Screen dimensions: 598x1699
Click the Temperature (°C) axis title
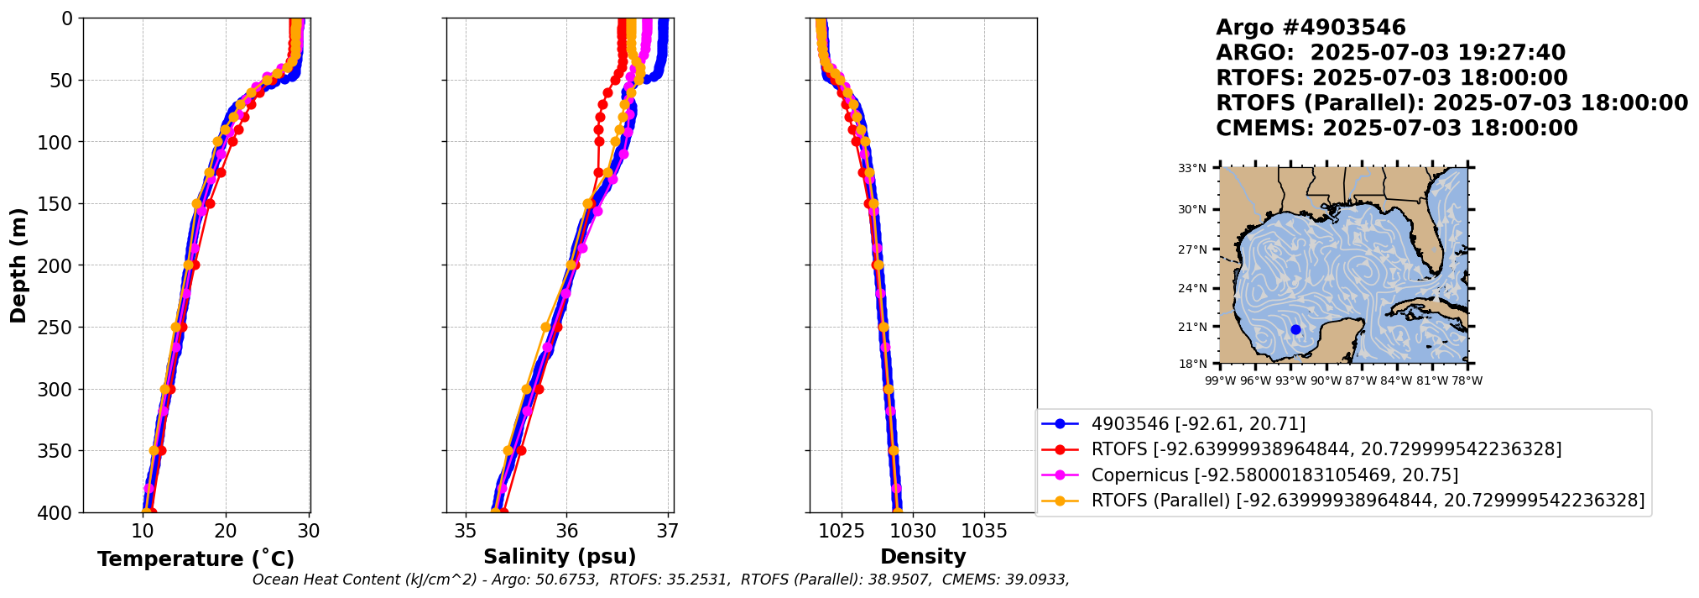click(x=195, y=559)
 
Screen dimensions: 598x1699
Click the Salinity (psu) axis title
click(x=560, y=557)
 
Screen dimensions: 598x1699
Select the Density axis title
click(x=923, y=557)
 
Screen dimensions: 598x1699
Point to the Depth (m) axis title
click(x=18, y=265)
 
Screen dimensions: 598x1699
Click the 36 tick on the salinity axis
click(x=566, y=531)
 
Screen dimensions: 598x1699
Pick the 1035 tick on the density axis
click(x=984, y=531)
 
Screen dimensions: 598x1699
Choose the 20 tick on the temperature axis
click(x=226, y=531)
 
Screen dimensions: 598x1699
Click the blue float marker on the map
click(x=1295, y=329)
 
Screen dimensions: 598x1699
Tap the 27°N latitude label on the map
click(x=1191, y=249)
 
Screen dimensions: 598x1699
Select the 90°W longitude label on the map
click(x=1326, y=381)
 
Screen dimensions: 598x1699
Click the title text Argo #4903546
click(x=1299, y=28)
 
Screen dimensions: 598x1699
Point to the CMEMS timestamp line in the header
click(x=1397, y=129)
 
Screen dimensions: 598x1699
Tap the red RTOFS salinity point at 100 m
click(x=599, y=142)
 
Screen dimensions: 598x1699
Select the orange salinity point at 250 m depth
click(x=545, y=328)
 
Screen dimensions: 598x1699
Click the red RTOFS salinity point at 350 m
click(x=521, y=451)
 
